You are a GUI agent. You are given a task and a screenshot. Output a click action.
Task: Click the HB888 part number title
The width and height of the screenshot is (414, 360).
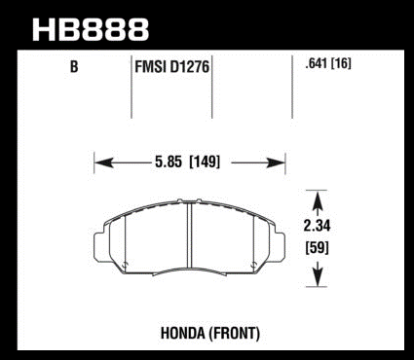(x=91, y=29)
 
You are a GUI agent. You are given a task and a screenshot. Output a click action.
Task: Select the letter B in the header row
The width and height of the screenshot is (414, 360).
(x=74, y=67)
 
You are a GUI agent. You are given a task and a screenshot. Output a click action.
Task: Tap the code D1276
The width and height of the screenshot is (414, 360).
(x=189, y=67)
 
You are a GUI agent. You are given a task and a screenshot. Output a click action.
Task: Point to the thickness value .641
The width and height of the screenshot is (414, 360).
(x=317, y=63)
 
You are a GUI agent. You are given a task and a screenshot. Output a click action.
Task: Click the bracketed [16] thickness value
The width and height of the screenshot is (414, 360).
(x=341, y=63)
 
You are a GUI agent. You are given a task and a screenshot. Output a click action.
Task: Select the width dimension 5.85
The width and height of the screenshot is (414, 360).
(x=169, y=162)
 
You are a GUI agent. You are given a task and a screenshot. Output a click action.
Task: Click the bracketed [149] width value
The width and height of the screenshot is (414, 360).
(x=205, y=162)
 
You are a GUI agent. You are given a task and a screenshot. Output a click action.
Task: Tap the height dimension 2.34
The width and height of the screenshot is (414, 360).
(x=317, y=226)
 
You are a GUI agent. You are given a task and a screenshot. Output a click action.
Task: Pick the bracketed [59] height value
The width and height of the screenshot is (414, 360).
(x=317, y=248)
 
